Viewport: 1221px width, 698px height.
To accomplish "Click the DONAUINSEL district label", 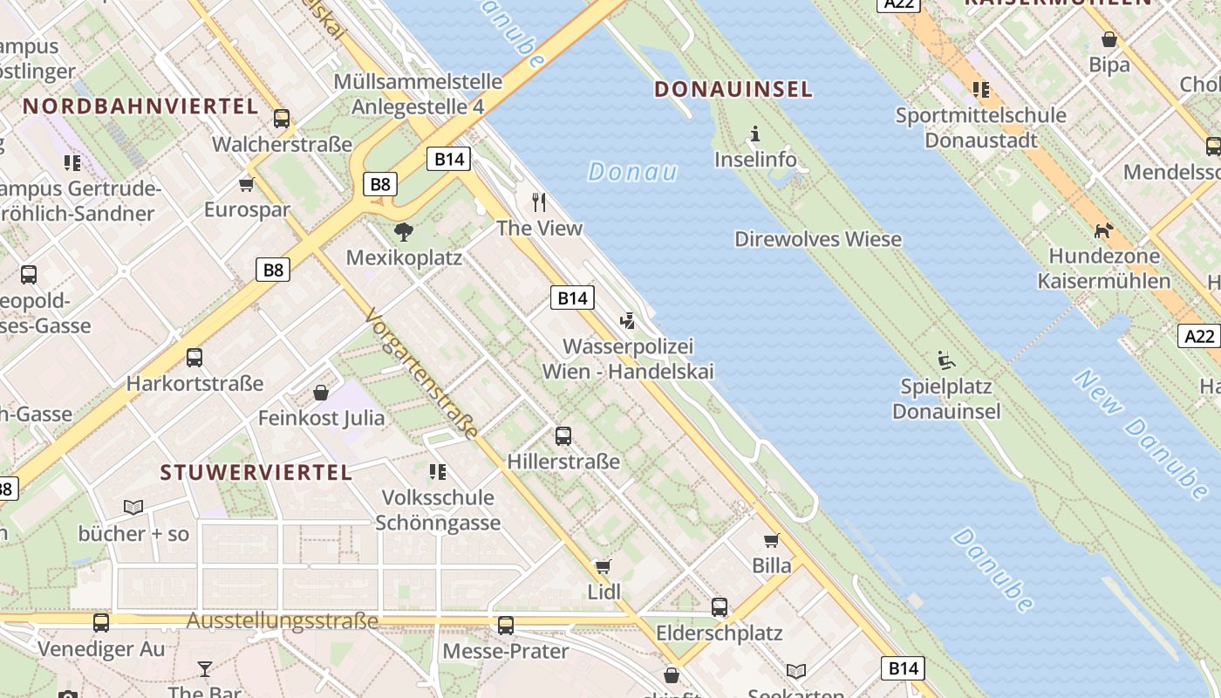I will tap(733, 89).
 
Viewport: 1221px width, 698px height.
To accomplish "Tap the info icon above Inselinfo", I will tap(755, 134).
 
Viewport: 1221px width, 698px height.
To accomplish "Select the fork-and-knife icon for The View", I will tap(539, 202).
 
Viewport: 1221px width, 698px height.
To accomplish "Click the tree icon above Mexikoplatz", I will tap(403, 232).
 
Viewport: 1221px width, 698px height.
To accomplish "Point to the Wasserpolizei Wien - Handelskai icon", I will tap(627, 322).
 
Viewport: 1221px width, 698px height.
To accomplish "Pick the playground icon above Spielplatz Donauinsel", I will tap(945, 359).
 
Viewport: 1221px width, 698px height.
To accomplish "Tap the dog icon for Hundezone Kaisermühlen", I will tap(1103, 231).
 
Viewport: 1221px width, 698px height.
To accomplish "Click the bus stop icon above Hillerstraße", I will tap(563, 435).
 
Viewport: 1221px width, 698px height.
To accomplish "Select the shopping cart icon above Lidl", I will tap(603, 566).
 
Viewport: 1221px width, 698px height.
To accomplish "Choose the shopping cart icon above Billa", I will tap(771, 540).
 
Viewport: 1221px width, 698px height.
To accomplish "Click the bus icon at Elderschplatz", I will tap(719, 607).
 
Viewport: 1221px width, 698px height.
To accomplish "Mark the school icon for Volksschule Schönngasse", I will tap(437, 472).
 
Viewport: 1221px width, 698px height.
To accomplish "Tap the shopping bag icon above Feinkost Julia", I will tap(321, 393).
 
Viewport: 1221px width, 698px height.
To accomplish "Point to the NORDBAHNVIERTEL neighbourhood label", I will tap(140, 106).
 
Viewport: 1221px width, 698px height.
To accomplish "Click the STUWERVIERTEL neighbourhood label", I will tap(256, 473).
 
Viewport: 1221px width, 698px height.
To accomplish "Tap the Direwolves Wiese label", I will tap(817, 239).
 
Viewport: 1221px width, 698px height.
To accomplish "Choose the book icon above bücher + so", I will tap(133, 507).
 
